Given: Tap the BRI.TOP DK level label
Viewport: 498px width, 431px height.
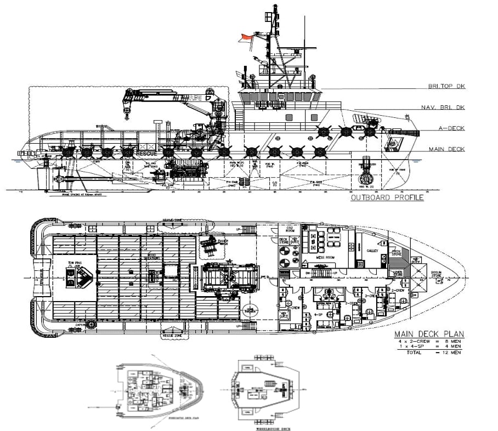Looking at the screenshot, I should point(447,87).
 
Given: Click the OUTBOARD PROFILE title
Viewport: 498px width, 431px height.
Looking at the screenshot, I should point(387,198).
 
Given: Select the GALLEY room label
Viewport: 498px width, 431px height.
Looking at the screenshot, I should point(372,250).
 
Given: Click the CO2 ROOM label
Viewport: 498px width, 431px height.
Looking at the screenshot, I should point(290,229).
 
